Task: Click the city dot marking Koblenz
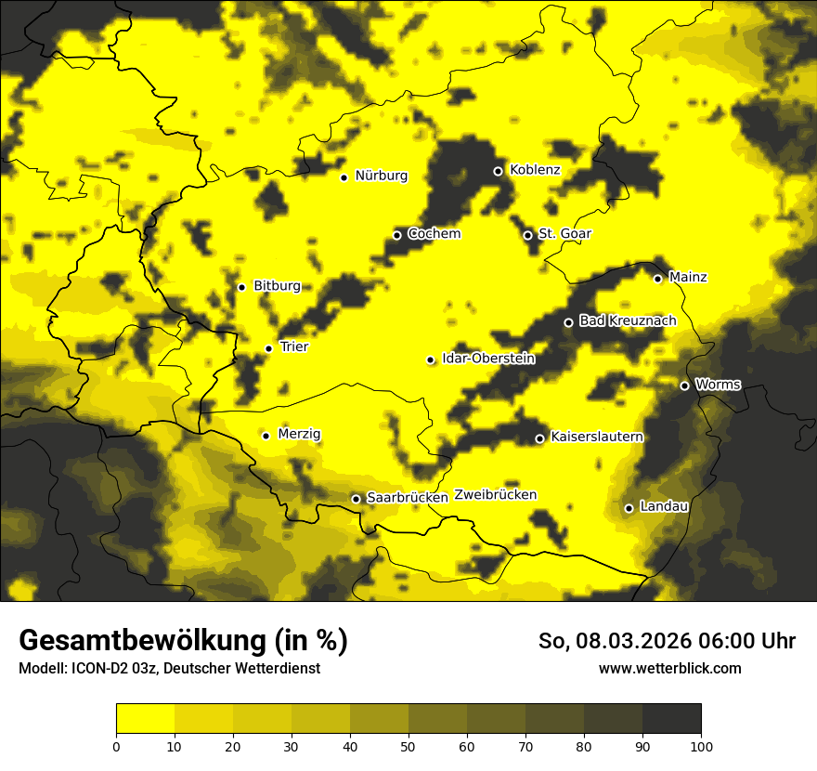pos(498,171)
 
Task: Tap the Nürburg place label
pos(381,176)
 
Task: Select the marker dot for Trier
pos(268,348)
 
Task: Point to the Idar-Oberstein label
pos(487,359)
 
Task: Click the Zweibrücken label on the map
pos(495,495)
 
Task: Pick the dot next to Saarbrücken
pos(356,499)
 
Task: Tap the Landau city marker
pos(629,508)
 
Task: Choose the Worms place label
pos(718,385)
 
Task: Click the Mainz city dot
pos(657,279)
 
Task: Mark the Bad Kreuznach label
pos(628,320)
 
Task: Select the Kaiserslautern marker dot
pos(539,438)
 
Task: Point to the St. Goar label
pos(564,234)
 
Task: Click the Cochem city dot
pos(396,235)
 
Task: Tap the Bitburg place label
pos(277,286)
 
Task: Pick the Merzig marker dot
pos(266,436)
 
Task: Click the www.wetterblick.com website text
pos(669,668)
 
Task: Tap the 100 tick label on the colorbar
pos(701,745)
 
